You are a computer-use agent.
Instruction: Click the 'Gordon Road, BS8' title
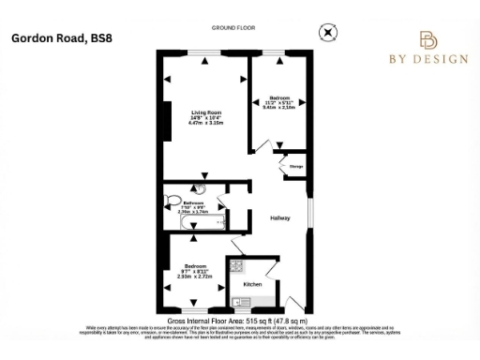[x=55, y=38]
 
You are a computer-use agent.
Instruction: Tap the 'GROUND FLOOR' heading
[x=234, y=29]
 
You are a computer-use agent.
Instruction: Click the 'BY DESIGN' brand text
[x=428, y=59]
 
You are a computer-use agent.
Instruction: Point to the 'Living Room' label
[x=204, y=112]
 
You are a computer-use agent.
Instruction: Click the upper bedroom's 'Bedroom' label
[x=280, y=97]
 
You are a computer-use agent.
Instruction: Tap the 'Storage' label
[x=293, y=170]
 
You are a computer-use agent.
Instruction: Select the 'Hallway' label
[x=281, y=218]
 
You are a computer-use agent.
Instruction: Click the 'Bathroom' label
[x=194, y=203]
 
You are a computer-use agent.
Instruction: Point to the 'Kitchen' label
[x=252, y=283]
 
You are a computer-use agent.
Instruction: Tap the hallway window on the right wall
[x=308, y=211]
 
